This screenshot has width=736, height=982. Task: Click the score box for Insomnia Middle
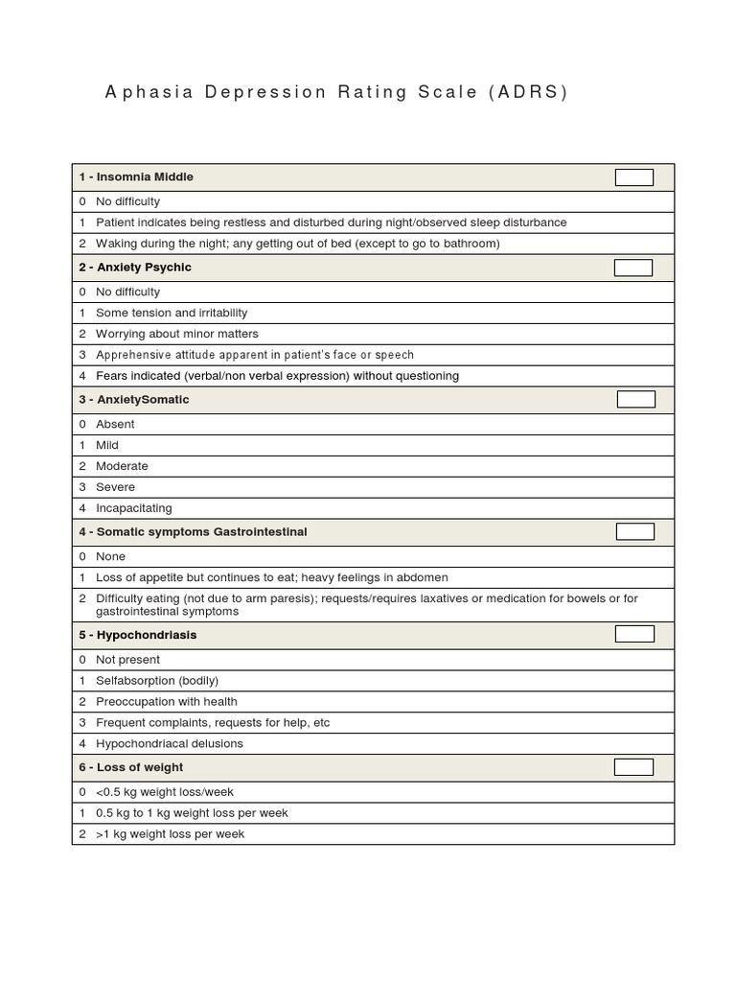click(633, 177)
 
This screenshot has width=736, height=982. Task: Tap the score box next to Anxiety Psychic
click(633, 268)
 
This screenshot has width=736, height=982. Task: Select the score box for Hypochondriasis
click(634, 634)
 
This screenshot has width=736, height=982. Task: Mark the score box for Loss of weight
click(633, 767)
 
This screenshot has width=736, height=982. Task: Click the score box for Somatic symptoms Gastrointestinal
click(634, 531)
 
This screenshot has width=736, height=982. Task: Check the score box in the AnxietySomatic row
click(635, 399)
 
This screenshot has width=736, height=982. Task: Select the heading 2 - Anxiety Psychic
click(135, 268)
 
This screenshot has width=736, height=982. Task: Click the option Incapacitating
click(133, 508)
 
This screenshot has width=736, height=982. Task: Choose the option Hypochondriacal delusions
click(169, 743)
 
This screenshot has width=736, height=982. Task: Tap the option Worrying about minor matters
click(176, 334)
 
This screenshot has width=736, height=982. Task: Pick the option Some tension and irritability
click(171, 313)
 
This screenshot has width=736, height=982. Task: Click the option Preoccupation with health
click(166, 701)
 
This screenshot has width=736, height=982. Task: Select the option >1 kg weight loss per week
click(170, 833)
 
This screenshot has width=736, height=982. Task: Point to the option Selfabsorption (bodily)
click(156, 680)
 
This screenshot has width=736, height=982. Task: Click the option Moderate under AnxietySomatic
click(122, 466)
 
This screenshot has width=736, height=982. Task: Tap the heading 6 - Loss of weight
click(131, 767)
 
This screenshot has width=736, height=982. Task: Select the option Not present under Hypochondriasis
click(127, 659)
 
